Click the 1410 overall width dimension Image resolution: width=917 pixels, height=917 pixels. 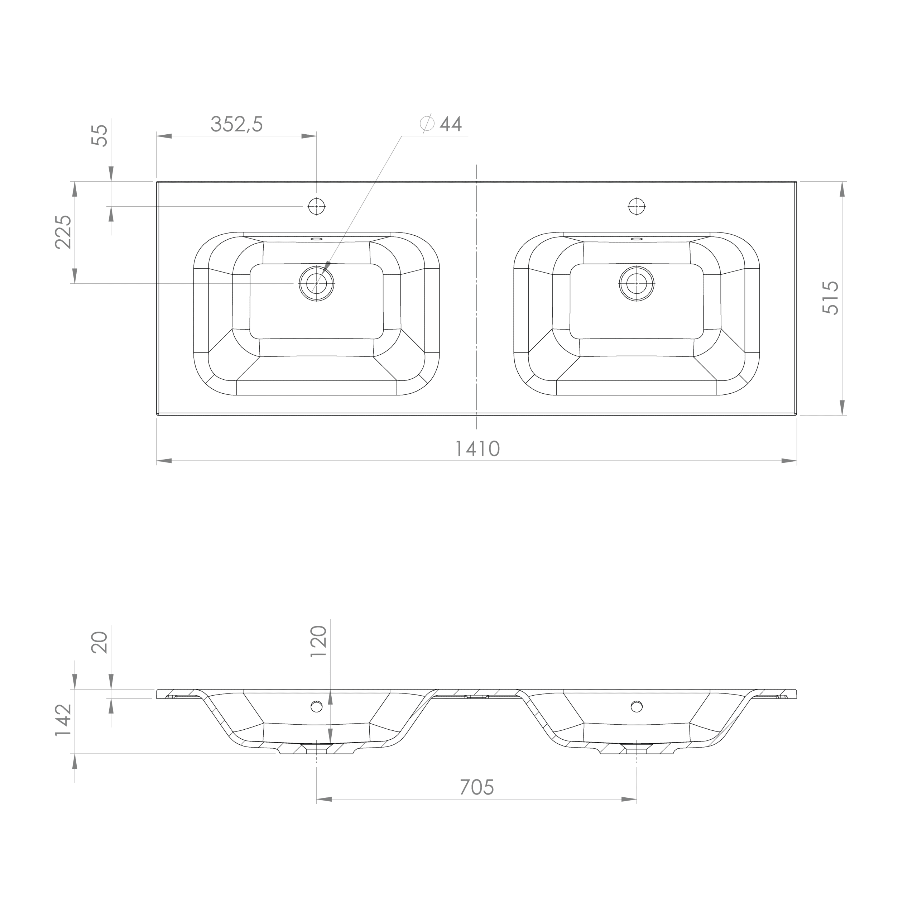tap(477, 448)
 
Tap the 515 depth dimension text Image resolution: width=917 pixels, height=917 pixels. tap(831, 298)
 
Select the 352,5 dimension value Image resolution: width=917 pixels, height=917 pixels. tap(236, 124)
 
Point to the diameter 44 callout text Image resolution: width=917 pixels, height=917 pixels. tap(441, 124)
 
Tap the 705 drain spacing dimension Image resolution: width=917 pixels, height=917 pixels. tap(477, 787)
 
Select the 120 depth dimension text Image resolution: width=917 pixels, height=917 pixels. tap(318, 641)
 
